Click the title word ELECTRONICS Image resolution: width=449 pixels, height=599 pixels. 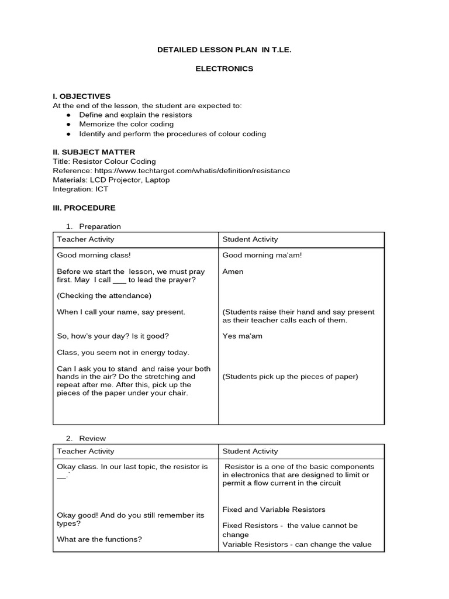click(x=224, y=68)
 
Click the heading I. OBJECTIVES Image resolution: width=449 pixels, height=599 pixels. click(x=81, y=96)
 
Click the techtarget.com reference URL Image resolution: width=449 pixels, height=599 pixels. click(x=191, y=171)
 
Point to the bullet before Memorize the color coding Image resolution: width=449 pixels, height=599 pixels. click(x=68, y=125)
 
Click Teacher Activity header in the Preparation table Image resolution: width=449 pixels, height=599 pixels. click(x=85, y=239)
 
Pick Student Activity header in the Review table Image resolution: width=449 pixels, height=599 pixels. click(x=250, y=452)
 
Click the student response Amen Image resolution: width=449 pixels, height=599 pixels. click(x=233, y=271)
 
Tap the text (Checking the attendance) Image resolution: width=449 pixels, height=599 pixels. click(x=103, y=295)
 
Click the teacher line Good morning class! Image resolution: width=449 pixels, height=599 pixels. click(x=94, y=256)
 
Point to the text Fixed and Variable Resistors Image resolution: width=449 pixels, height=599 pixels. click(x=274, y=510)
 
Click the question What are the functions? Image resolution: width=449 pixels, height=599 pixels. click(x=99, y=539)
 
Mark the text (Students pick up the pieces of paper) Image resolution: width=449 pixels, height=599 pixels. click(x=290, y=377)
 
